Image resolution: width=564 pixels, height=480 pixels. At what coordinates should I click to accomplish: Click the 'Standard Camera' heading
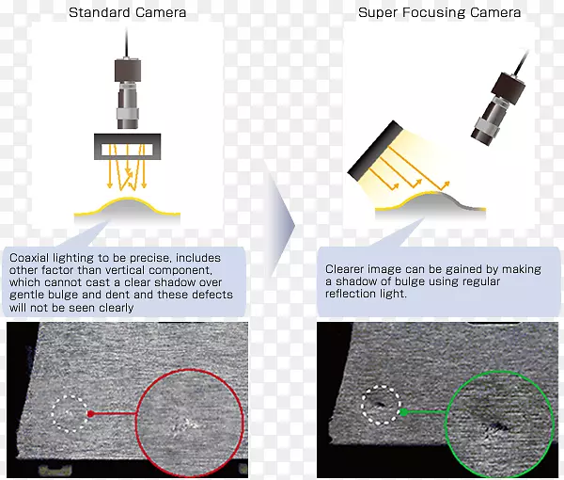coord(127,12)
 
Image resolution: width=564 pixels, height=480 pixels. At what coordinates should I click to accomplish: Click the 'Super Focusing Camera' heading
coord(439,12)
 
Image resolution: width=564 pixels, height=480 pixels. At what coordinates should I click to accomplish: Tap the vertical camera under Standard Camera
coord(127,93)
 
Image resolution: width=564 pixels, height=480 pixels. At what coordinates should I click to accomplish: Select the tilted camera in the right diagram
coord(498,109)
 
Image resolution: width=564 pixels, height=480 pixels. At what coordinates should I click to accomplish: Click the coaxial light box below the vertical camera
coord(127,147)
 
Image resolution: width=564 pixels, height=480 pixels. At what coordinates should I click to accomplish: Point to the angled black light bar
coord(375,151)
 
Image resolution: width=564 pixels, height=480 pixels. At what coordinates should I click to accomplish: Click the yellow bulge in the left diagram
coord(127,207)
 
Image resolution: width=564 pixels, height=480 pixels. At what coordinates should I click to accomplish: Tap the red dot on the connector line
coord(90,414)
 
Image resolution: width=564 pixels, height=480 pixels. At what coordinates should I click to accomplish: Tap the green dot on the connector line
coord(404,412)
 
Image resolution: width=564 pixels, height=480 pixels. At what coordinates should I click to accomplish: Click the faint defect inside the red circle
coord(186,424)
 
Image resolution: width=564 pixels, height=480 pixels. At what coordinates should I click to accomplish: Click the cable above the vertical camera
coord(127,42)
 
